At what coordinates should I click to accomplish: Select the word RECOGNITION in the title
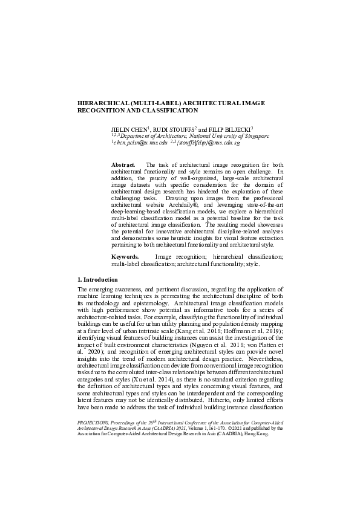tap(104, 111)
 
